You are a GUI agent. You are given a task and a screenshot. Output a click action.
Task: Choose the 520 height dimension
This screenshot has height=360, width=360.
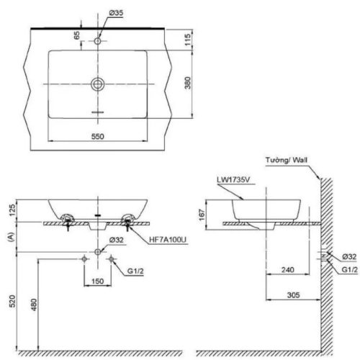(10, 302)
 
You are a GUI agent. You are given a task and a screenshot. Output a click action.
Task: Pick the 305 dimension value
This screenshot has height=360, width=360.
(292, 294)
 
